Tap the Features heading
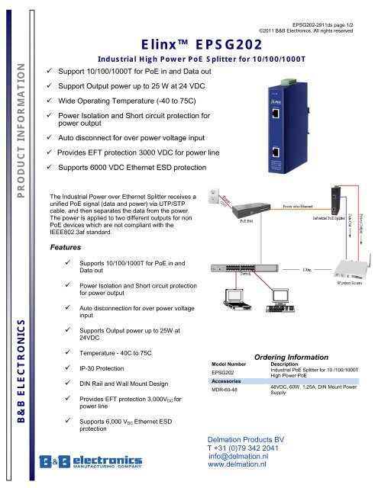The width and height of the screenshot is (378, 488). point(65,248)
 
